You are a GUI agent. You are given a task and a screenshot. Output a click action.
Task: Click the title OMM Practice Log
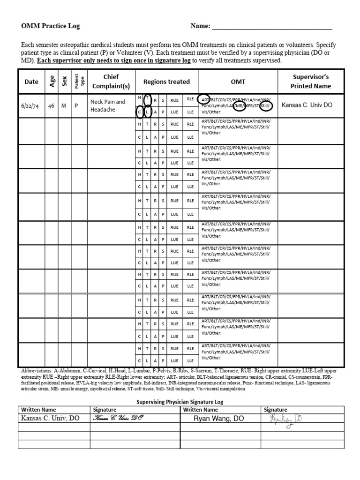pos(50,26)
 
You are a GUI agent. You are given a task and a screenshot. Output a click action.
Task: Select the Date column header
pos(31,82)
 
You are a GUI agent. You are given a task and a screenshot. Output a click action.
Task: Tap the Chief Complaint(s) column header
pos(111,82)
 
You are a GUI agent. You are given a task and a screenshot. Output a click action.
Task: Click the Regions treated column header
pos(166,82)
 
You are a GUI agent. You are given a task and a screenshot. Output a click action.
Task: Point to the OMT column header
pos(238,82)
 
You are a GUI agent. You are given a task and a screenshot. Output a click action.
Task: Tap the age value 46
pos(51,106)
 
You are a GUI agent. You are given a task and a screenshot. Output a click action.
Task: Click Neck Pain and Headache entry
pos(108,105)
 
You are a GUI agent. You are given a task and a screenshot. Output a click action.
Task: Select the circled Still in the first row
pos(266,106)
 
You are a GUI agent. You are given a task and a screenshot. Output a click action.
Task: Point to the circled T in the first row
pos(147,99)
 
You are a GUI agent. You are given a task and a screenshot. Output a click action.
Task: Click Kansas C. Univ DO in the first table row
pos(307,105)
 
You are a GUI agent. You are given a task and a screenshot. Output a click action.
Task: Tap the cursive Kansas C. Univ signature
pos(117,418)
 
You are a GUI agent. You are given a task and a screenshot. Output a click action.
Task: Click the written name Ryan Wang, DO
pos(218,419)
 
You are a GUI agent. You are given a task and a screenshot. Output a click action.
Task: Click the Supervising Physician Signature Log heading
pos(180,402)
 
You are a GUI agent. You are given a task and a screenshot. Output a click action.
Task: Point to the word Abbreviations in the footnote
pos(37,371)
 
